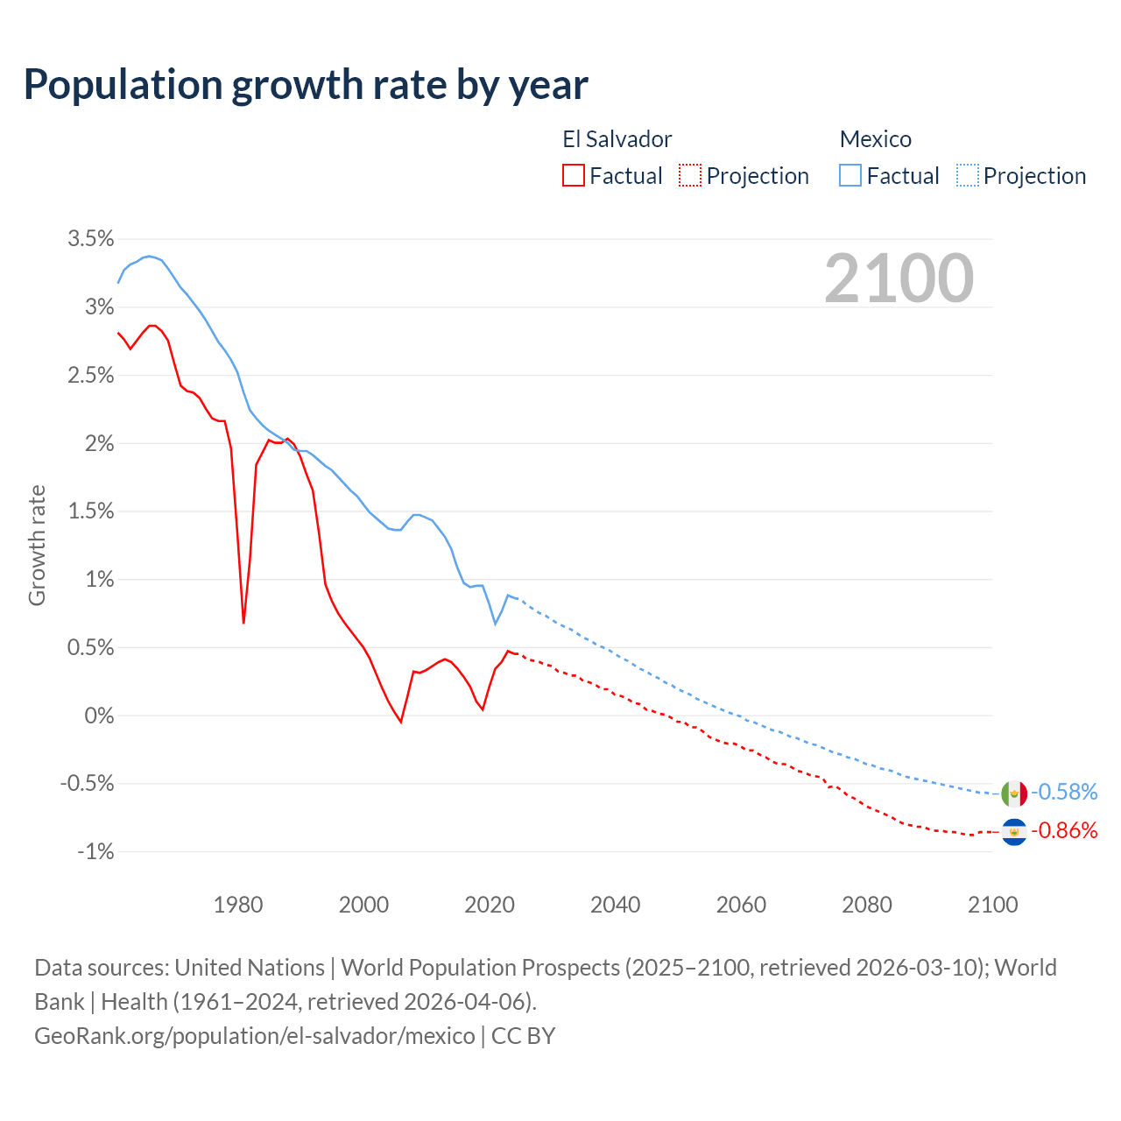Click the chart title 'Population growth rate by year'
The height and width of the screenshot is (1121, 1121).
306,85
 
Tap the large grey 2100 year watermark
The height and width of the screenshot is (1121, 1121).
899,278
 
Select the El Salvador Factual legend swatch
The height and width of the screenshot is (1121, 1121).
574,175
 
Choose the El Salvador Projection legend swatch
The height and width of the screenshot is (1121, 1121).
690,175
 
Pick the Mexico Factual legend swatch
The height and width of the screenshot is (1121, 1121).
850,175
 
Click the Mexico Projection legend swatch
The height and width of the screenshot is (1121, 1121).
968,175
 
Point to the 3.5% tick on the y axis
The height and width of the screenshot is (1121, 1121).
91,238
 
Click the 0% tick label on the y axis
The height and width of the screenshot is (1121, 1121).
99,716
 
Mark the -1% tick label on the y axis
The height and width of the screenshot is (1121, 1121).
95,851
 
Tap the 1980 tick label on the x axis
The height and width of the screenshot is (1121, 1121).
238,905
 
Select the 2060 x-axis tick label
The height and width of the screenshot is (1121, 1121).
741,905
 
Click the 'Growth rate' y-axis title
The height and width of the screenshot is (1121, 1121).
37,545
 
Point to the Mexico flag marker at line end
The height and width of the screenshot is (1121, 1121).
1014,793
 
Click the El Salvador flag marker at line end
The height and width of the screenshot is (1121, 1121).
1014,832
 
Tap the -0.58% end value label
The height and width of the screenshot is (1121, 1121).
1064,792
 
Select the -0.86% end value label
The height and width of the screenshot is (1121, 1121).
1064,830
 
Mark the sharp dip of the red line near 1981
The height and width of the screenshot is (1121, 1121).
243,623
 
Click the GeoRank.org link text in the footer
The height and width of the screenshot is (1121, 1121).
254,1035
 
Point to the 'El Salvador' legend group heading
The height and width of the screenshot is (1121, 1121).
617,139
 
